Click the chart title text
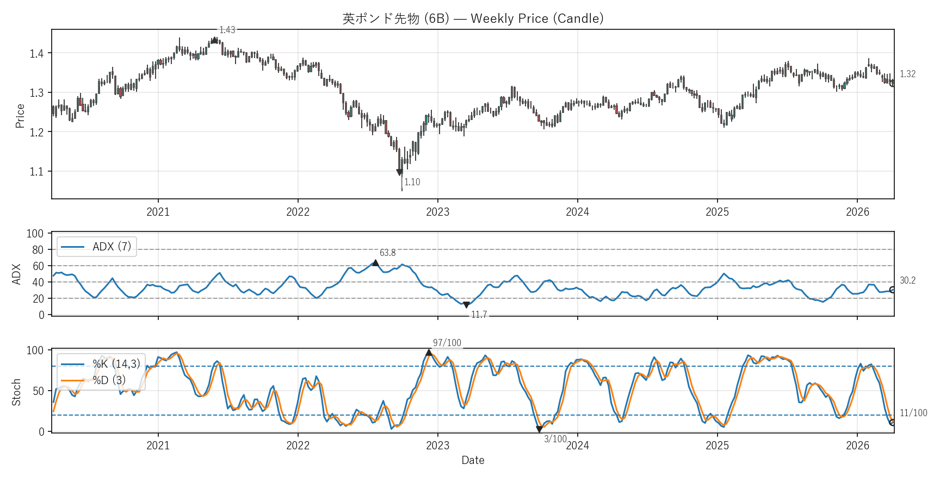pyautogui.click(x=473, y=18)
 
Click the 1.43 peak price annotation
pyautogui.click(x=227, y=30)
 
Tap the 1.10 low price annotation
pyautogui.click(x=412, y=182)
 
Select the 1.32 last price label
pyautogui.click(x=907, y=74)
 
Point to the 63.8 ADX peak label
pyautogui.click(x=387, y=253)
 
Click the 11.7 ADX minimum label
pyautogui.click(x=479, y=315)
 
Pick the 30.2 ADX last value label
pyautogui.click(x=907, y=280)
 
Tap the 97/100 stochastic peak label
pyautogui.click(x=447, y=343)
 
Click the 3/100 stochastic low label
pyautogui.click(x=555, y=439)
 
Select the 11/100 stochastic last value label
pyautogui.click(x=913, y=413)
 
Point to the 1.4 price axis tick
pyautogui.click(x=37, y=53)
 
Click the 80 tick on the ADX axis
pyautogui.click(x=38, y=250)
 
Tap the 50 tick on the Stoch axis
pyautogui.click(x=38, y=391)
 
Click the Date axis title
pyautogui.click(x=473, y=460)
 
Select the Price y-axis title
pyautogui.click(x=20, y=116)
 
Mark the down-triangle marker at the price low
pyautogui.click(x=400, y=172)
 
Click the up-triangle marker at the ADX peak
pyautogui.click(x=375, y=263)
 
